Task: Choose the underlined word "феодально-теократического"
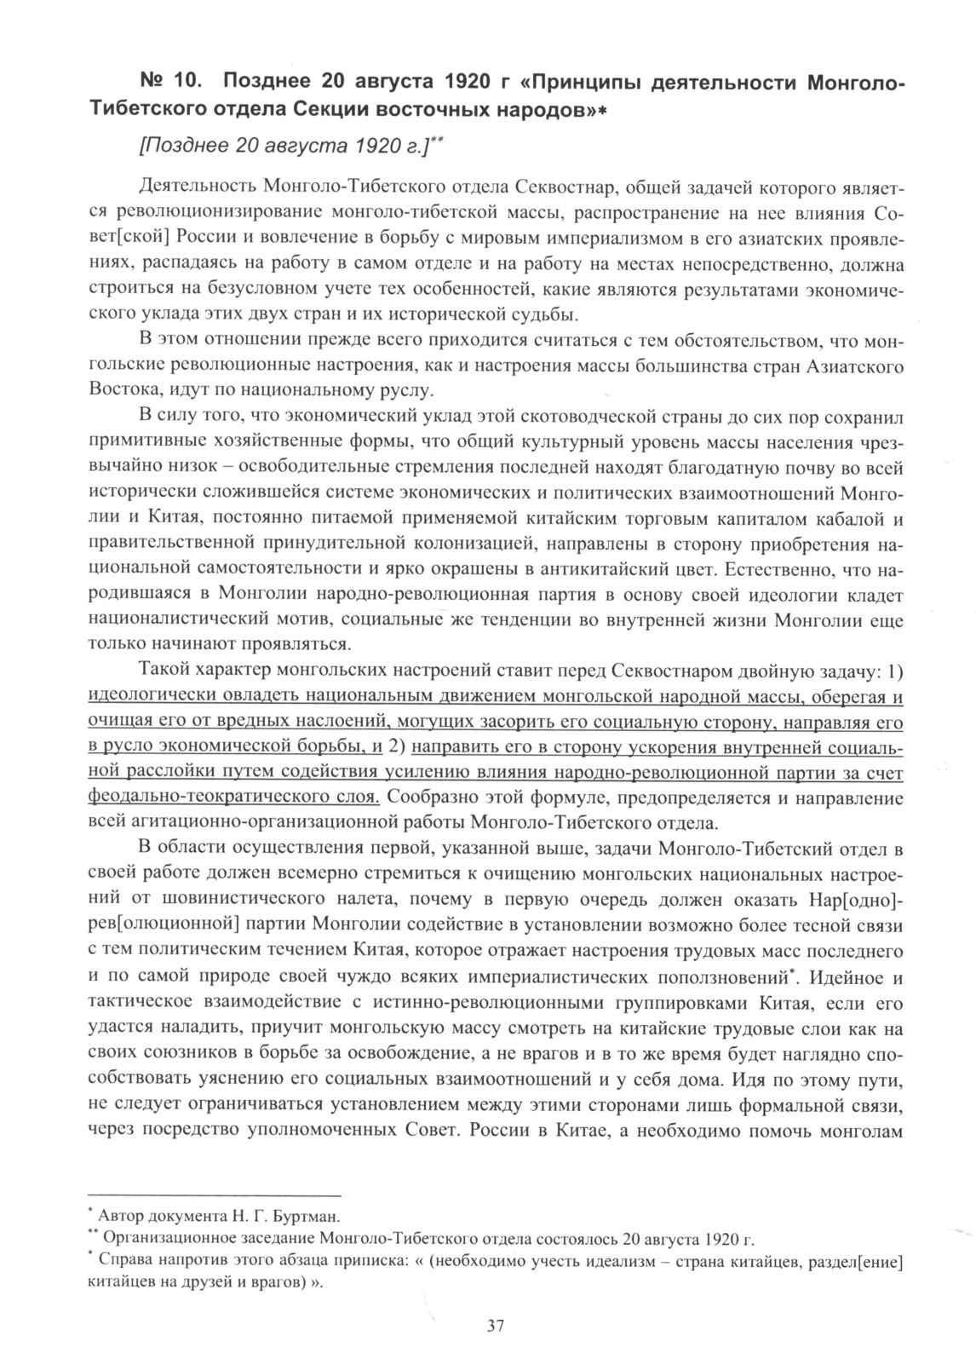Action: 234,798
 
